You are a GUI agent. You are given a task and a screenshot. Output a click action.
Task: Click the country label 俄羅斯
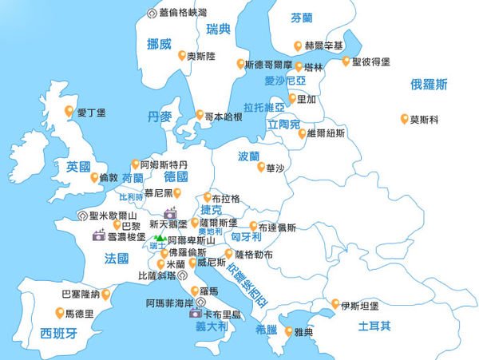(429, 84)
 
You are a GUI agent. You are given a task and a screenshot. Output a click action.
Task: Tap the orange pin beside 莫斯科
(404, 120)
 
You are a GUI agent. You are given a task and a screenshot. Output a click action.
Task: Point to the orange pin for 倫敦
(94, 177)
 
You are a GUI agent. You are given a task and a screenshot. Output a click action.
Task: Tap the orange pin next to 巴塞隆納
(105, 294)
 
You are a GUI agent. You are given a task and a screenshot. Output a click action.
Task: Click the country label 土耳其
(374, 326)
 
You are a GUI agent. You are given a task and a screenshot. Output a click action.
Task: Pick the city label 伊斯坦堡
(359, 305)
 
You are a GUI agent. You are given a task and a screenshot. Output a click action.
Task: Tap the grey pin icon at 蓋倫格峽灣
(152, 13)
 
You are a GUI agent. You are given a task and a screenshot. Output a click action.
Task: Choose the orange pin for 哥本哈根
(200, 115)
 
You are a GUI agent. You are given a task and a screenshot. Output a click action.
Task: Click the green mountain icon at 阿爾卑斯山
(160, 238)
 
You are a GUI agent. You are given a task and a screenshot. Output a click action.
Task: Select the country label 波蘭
(249, 156)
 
